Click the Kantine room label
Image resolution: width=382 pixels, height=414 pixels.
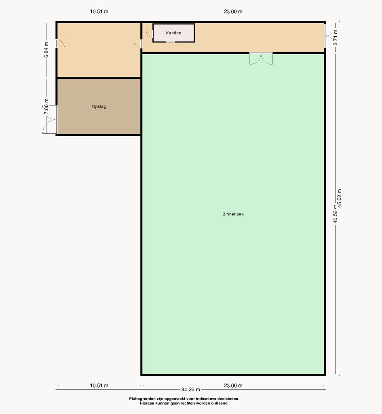click(x=173, y=33)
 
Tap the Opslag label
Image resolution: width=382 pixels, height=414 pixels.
click(x=99, y=107)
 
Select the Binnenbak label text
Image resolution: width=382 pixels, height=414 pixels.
click(x=233, y=214)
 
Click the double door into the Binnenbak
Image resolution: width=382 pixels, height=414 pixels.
click(x=261, y=59)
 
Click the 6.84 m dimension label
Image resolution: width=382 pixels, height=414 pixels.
click(x=46, y=50)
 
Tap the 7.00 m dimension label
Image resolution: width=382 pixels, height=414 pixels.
click(x=46, y=106)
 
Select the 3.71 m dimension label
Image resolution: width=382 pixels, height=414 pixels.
click(x=336, y=37)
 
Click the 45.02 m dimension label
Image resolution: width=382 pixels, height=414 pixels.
click(x=340, y=199)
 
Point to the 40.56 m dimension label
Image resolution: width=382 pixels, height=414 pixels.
click(x=335, y=214)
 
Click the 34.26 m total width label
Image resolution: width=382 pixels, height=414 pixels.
click(x=191, y=389)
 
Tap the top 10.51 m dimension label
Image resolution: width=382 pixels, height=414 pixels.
click(x=99, y=12)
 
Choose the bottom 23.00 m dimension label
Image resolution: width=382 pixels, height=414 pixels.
click(x=233, y=385)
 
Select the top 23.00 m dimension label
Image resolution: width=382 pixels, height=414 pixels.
click(x=233, y=12)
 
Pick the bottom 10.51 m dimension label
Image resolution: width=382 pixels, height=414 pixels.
click(x=99, y=385)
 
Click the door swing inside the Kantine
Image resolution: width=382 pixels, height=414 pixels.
click(x=150, y=34)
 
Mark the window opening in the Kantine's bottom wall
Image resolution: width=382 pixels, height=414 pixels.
click(x=170, y=42)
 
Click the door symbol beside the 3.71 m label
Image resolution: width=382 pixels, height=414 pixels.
click(x=329, y=36)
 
